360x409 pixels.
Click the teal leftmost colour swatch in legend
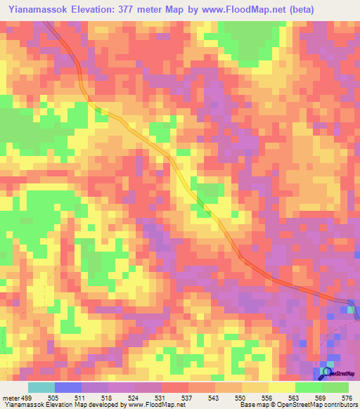[41, 388]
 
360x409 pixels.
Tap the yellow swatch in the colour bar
[281, 388]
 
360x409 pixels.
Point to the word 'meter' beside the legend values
[10, 398]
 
